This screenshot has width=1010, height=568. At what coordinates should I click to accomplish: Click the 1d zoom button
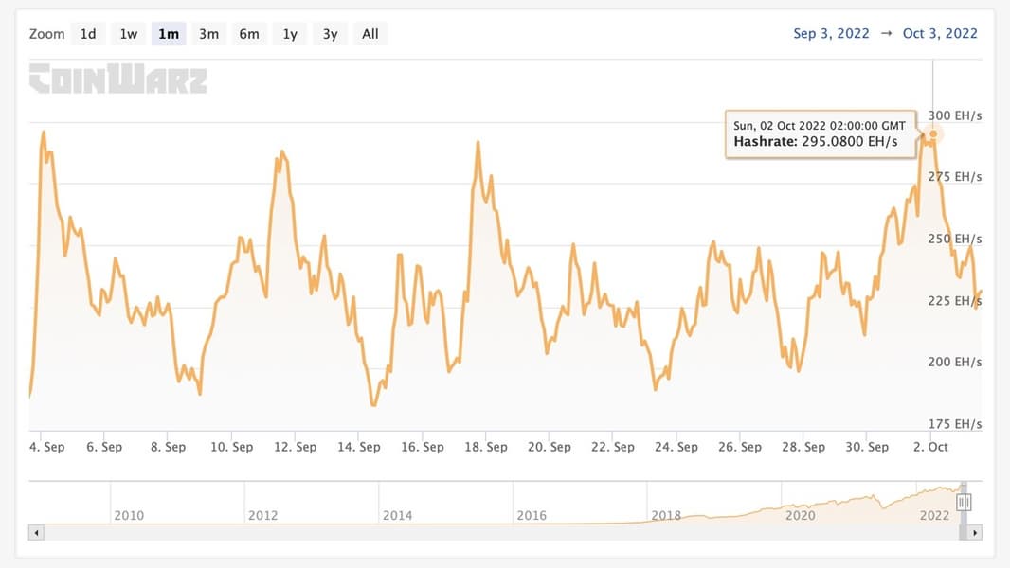88,34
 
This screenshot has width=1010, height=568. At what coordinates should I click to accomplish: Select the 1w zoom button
128,34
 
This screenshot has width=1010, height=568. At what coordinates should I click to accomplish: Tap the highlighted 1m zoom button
169,34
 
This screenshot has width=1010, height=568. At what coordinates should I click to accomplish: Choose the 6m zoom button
249,34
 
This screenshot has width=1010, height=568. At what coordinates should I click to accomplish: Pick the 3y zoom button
330,34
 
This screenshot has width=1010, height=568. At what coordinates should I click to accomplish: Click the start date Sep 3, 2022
831,34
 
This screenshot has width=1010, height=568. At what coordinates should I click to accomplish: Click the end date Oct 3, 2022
940,34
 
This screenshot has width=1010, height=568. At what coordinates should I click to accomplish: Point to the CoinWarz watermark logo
117,80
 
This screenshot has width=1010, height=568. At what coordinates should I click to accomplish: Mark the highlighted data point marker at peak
933,133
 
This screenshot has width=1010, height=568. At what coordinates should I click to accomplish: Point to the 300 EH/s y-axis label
955,115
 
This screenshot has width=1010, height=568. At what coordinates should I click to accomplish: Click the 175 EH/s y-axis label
955,423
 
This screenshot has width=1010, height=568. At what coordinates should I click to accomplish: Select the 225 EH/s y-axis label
955,300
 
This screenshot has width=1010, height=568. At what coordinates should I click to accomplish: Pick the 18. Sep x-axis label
485,447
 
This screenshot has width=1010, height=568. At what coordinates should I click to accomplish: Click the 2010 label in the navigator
129,515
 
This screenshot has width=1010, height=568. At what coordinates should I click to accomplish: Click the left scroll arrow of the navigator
37,533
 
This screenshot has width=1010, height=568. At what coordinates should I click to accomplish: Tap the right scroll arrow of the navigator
976,533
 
